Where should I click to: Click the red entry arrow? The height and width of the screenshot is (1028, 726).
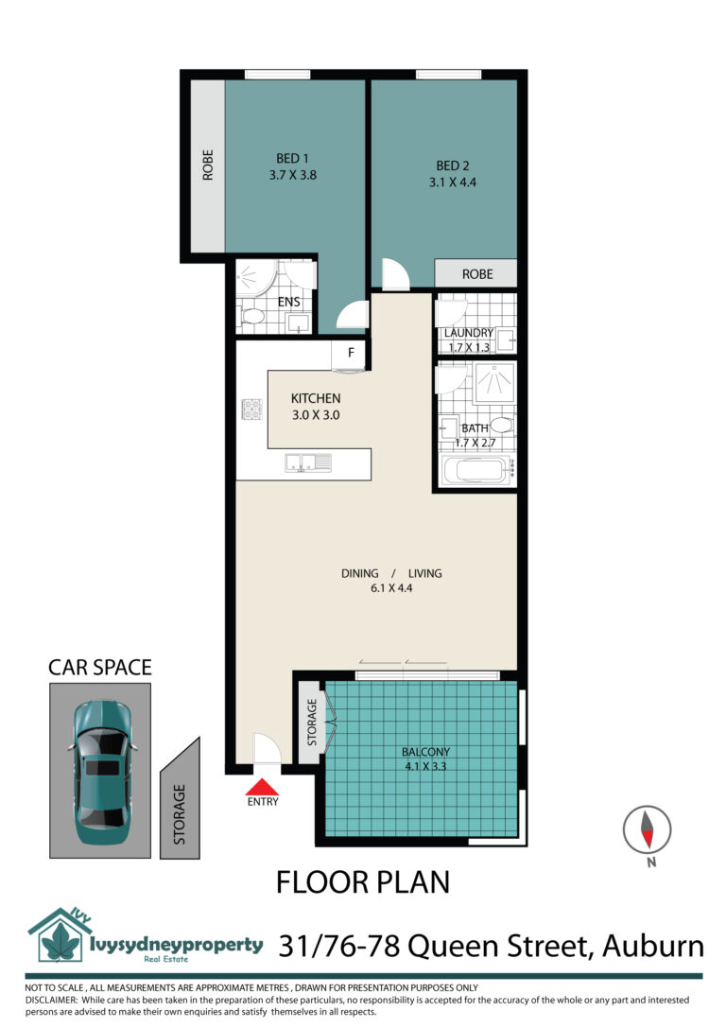(262, 786)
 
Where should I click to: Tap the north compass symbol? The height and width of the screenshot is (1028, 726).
(647, 830)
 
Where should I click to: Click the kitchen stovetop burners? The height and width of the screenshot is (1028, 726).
(252, 409)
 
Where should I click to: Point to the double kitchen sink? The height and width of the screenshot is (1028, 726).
(308, 462)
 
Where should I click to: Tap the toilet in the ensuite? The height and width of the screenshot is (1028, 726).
(251, 317)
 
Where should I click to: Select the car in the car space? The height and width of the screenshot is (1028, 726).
(101, 773)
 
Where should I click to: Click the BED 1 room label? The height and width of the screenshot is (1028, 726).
(292, 158)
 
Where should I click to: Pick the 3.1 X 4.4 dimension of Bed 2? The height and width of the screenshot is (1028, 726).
(453, 183)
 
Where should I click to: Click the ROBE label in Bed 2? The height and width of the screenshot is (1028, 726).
(477, 274)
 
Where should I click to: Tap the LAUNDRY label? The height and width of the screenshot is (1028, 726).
(469, 333)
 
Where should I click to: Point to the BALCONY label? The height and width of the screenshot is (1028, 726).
(426, 752)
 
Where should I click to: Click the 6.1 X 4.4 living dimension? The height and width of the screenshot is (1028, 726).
(391, 588)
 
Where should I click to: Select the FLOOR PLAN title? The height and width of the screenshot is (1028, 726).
(363, 882)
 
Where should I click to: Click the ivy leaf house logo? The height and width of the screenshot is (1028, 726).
(59, 935)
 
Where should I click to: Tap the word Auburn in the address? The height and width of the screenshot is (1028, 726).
(652, 946)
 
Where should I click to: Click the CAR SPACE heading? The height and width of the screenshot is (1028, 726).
(99, 668)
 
